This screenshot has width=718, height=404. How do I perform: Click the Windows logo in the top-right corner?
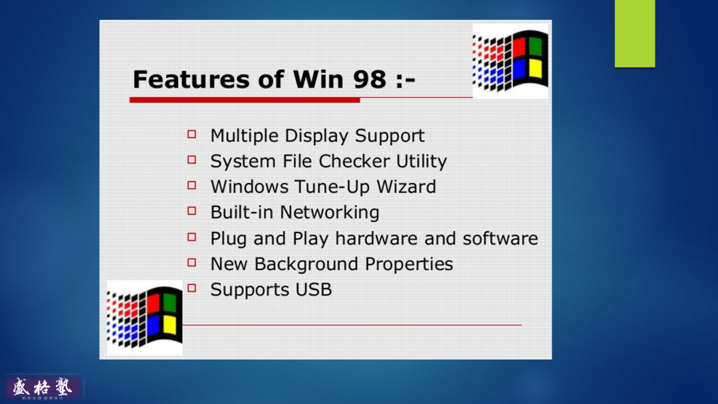[511, 60]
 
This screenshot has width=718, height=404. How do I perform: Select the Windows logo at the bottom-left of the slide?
[145, 317]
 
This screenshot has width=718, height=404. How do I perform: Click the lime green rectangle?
[634, 33]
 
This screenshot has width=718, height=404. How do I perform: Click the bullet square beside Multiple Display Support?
[192, 134]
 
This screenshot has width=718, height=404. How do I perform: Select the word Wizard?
[406, 187]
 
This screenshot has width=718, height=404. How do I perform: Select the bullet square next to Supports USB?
[192, 288]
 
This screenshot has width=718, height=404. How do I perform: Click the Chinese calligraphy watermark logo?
[43, 387]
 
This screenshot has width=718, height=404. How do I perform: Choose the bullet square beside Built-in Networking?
[192, 211]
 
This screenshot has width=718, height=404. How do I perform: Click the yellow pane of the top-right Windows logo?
[535, 69]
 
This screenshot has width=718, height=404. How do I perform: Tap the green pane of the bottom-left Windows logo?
[169, 303]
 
